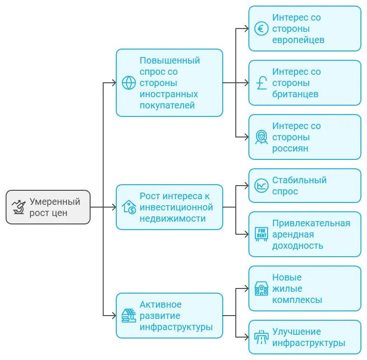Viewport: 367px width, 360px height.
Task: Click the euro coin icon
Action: [x=261, y=29]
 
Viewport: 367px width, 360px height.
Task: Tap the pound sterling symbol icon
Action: [x=261, y=83]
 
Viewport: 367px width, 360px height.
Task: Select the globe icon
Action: [x=129, y=83]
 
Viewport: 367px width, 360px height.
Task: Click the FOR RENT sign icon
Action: [x=261, y=234]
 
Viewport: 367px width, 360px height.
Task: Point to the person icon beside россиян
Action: [x=261, y=137]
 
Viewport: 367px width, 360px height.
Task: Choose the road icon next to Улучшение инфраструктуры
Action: [x=261, y=337]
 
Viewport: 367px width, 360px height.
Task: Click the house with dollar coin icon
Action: [x=129, y=207]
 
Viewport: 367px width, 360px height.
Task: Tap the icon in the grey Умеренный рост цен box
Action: [x=19, y=207]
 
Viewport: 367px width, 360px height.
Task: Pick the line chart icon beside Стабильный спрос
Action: [x=261, y=186]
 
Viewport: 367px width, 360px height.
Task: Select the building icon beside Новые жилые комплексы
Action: [x=261, y=288]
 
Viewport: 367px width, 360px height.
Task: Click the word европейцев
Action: [x=298, y=40]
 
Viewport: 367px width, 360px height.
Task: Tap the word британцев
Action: [x=295, y=94]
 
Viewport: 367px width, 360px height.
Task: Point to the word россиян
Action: [x=290, y=149]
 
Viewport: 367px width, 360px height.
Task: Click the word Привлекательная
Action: [x=311, y=223]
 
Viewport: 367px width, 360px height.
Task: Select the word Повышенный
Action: [x=169, y=60]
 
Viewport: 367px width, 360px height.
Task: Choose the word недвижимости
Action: [x=172, y=219]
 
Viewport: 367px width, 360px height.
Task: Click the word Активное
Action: [x=160, y=304]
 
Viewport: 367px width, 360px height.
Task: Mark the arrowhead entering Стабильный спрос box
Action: [x=246, y=186]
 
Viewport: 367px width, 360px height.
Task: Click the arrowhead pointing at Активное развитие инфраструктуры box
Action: [x=114, y=316]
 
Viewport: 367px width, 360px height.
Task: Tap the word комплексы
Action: [x=297, y=300]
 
